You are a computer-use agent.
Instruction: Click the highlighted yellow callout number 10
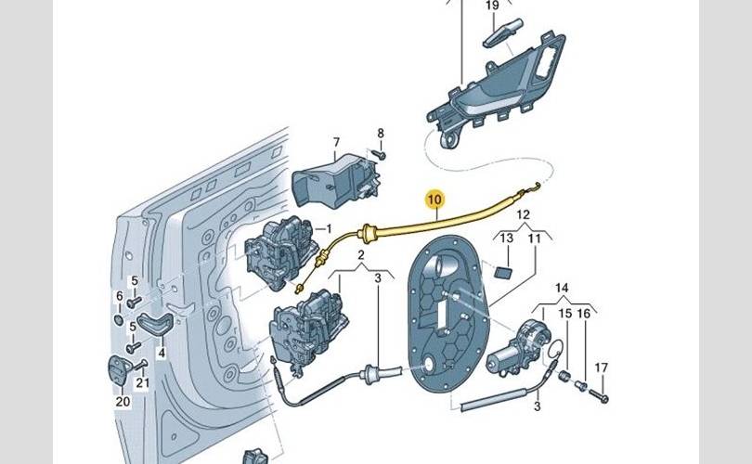pos(435,199)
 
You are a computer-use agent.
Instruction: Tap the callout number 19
pos(492,6)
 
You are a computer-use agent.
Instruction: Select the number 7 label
pos(336,142)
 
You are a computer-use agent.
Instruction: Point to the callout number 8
pos(381,134)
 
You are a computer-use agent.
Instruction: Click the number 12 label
pos(524,214)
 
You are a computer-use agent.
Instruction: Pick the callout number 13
pos(507,238)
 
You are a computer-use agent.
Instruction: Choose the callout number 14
pos(562,288)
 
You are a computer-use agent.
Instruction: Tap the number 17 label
pos(601,367)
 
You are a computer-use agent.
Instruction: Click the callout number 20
pos(123,401)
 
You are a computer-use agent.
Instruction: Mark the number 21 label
pos(142,382)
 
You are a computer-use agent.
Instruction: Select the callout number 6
pos(120,297)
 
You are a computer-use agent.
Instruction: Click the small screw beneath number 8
pos(380,154)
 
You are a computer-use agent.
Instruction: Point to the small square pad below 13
pos(502,273)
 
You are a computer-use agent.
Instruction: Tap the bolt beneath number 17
pos(597,395)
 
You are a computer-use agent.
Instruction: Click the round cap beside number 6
pos(120,320)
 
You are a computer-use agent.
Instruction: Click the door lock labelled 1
pos(280,252)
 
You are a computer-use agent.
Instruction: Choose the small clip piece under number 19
pos(502,32)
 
